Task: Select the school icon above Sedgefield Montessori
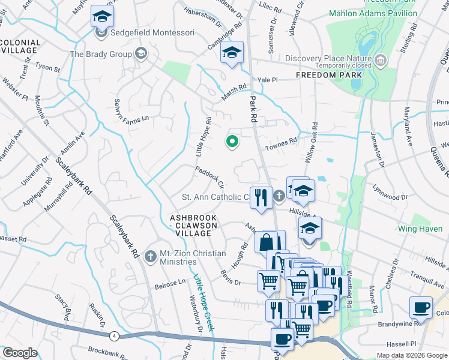[102, 17]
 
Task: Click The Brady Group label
[101, 54]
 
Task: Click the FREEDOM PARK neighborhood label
[329, 75]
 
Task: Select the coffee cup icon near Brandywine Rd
[421, 307]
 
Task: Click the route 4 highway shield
[114, 336]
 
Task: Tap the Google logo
[20, 353]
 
